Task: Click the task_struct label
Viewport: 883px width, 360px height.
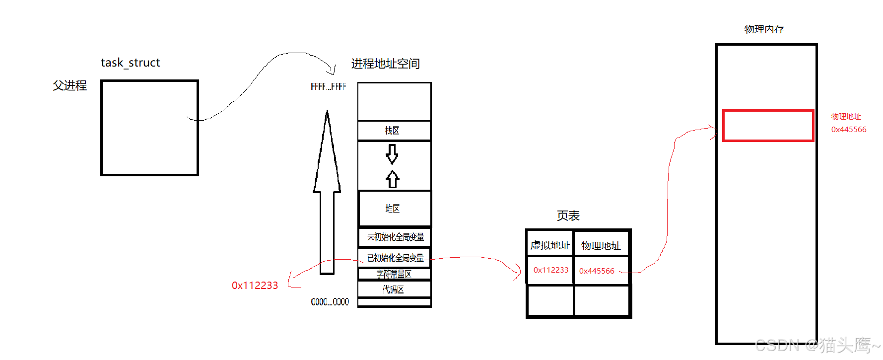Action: pos(130,63)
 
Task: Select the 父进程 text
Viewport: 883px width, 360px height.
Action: pos(69,85)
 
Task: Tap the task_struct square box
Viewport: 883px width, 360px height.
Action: pos(149,128)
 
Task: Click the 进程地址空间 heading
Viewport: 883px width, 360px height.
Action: pos(385,64)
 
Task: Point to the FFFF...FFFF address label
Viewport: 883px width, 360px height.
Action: pos(328,87)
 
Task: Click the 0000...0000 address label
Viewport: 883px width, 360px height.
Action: pos(330,302)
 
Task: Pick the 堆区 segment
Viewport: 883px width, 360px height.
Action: pos(394,209)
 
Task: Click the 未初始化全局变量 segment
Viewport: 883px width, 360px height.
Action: pos(395,237)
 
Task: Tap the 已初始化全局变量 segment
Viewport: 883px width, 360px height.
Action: pos(395,258)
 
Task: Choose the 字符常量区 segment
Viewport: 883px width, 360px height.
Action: pos(394,274)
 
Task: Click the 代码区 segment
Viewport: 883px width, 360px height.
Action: pos(394,289)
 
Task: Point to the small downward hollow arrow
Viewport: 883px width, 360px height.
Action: pos(392,154)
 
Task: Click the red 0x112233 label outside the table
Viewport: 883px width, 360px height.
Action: pos(255,286)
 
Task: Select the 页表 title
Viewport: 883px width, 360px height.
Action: pos(568,216)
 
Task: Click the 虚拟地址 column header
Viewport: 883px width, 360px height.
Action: pos(550,245)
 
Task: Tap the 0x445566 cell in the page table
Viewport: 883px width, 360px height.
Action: pos(597,271)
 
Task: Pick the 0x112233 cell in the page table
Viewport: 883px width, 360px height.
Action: pos(550,270)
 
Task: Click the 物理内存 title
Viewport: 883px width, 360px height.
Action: pos(764,29)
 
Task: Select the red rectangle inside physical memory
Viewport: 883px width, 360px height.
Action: pos(768,126)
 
